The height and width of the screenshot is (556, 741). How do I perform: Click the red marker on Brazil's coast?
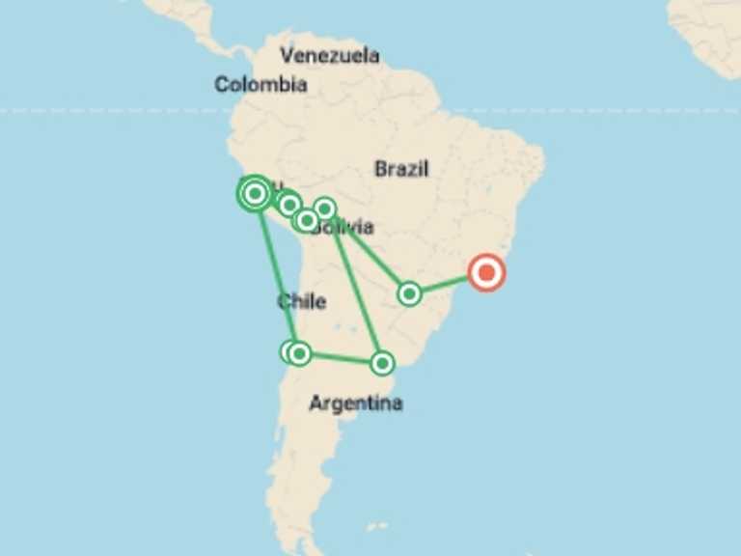coord(486,273)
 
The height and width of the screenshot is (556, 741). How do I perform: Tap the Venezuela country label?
coord(329,55)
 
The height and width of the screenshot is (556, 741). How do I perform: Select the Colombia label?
coord(261,85)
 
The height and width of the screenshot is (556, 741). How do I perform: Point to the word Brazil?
coord(401,169)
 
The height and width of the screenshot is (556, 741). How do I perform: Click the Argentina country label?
coord(355,403)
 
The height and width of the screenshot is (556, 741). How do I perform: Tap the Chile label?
coord(301,301)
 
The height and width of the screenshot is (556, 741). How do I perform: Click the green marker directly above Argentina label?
coord(382,363)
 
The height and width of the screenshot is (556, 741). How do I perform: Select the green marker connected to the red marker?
coord(409,293)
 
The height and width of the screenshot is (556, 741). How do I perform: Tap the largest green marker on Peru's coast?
coord(255,194)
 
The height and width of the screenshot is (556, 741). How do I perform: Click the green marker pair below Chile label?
coord(295,353)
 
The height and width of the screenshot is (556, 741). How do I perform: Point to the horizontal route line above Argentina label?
coord(341,358)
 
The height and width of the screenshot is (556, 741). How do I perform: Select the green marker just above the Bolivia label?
coord(324,208)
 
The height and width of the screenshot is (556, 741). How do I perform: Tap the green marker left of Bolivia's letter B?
coord(306,221)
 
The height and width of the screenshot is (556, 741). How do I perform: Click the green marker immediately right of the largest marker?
coord(288,205)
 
